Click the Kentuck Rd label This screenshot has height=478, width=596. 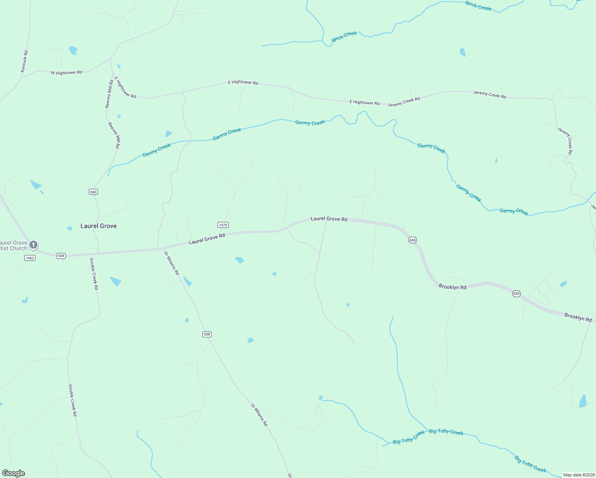click(x=25, y=61)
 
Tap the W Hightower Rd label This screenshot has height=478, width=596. click(x=67, y=72)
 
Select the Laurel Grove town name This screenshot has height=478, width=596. click(x=98, y=226)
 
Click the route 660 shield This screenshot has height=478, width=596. click(x=93, y=192)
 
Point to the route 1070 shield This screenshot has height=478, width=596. click(x=223, y=225)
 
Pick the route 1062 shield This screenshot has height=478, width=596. click(x=30, y=258)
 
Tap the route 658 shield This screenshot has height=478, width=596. click(x=207, y=334)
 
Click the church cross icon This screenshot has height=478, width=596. click(x=33, y=245)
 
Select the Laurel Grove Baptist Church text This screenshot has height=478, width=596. click(x=14, y=245)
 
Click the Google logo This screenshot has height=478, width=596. click(x=14, y=473)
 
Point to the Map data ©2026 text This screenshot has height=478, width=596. click(x=578, y=475)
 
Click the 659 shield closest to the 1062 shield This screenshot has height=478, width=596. click(x=61, y=256)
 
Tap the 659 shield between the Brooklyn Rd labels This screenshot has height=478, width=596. click(x=516, y=294)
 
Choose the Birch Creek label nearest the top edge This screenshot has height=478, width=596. click(x=478, y=6)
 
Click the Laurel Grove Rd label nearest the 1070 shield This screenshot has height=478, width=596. click(x=207, y=239)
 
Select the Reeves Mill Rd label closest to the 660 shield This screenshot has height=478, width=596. click(x=114, y=135)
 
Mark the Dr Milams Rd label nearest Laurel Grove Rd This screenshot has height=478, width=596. click(x=172, y=263)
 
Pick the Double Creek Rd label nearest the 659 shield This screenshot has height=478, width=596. click(x=94, y=274)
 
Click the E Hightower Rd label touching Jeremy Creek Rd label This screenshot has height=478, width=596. click(x=365, y=102)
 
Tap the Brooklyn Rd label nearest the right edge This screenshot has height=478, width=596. click(x=578, y=317)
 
